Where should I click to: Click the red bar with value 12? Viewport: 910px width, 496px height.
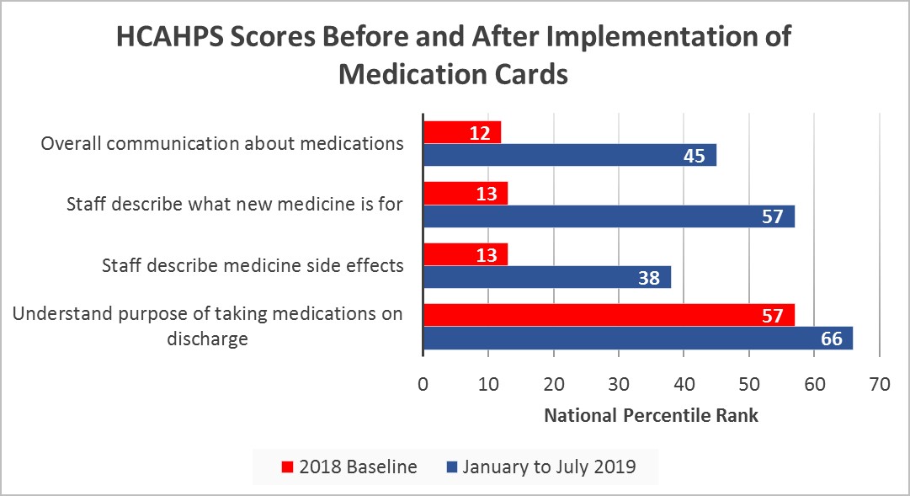461,132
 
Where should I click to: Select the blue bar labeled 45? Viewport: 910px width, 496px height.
569,155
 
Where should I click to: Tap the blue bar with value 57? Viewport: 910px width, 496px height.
608,216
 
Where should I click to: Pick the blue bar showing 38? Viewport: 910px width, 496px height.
546,277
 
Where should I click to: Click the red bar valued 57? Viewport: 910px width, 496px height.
608,315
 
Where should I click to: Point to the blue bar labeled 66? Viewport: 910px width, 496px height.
637,338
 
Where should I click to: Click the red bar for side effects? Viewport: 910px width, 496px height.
465,254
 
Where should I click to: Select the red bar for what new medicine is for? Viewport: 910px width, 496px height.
465,194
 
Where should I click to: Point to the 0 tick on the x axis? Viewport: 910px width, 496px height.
423,384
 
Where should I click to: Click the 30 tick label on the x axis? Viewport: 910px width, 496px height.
619,384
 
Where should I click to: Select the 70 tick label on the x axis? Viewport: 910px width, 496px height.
880,384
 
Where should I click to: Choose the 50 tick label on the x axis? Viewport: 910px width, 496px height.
749,384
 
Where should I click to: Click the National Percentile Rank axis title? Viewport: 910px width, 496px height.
652,415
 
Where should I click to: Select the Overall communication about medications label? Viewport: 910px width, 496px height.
222,143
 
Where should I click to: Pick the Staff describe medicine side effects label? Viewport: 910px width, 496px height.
253,265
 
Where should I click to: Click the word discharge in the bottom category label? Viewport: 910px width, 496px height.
207,339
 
